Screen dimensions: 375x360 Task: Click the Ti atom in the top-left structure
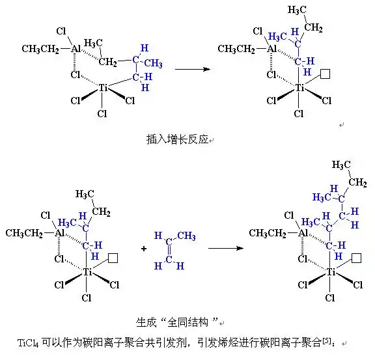point(103,88)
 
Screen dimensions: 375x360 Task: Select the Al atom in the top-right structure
point(271,49)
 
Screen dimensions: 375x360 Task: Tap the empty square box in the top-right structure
point(326,74)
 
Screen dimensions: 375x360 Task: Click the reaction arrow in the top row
point(193,70)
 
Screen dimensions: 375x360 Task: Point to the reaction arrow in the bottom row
point(226,248)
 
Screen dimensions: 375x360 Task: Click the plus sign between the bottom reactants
point(144,249)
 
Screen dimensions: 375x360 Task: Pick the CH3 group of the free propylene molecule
point(186,236)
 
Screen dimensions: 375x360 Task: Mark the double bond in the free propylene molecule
point(169,251)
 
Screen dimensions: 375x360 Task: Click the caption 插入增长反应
point(177,139)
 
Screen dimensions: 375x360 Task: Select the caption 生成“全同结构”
point(177,322)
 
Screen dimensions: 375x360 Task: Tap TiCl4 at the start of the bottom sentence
point(28,343)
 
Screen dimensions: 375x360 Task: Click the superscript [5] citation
point(326,340)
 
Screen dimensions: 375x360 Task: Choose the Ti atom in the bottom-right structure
point(331,272)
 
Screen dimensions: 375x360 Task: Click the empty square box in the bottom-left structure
point(113,258)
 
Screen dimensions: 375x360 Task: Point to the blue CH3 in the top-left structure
point(153,63)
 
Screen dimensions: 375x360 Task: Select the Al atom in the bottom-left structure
point(59,232)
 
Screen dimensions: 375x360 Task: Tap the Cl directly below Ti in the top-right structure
point(299,113)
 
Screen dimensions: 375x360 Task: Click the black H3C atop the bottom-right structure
point(341,165)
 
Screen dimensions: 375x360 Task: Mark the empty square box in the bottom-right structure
point(357,258)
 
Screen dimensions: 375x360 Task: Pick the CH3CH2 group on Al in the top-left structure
point(40,49)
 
